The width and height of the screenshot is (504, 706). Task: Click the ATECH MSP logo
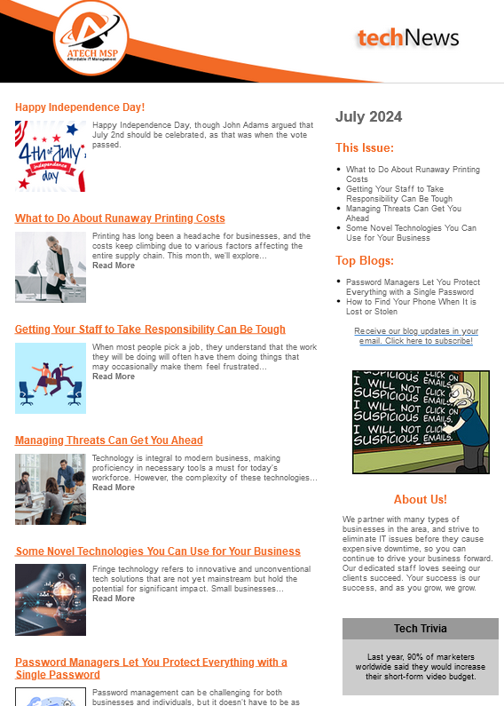[x=92, y=38]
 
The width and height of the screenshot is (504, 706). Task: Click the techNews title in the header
[x=408, y=37]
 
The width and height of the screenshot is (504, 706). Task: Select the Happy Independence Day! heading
[x=80, y=107]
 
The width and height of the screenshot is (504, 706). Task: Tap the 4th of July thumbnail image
[x=51, y=156]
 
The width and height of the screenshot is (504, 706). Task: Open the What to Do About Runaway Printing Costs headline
[x=120, y=218]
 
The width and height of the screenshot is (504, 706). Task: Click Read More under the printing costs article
[x=114, y=266]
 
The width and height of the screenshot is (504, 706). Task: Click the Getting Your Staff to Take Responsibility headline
[x=150, y=329]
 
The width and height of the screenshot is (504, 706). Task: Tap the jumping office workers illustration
[x=51, y=378]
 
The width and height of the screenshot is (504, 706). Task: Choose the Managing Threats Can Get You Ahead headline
[x=109, y=440]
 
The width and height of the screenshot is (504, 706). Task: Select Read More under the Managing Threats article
[x=114, y=488]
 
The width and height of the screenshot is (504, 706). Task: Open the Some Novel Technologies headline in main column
[x=158, y=551]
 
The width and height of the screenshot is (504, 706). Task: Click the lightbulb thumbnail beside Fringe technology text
[x=51, y=599]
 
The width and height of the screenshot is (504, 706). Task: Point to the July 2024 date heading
[x=368, y=117]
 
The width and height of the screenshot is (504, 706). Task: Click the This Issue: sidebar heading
[x=365, y=148]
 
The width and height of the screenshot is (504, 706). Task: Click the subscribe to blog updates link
[x=415, y=336]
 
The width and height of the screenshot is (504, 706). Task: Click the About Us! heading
[x=420, y=500]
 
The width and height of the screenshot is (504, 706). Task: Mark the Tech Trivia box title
[x=420, y=629]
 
